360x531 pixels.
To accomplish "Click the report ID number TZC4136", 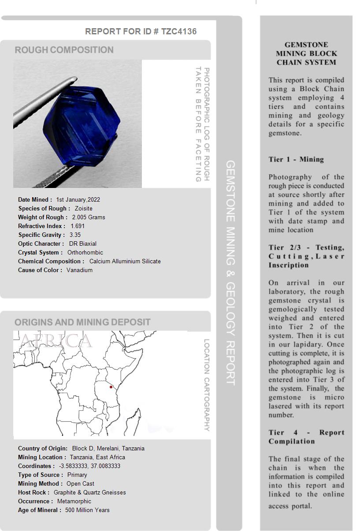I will (x=179, y=31).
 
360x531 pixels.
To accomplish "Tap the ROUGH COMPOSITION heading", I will (x=64, y=50).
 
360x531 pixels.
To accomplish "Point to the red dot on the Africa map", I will (x=111, y=387).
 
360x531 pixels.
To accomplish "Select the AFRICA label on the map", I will (x=56, y=341).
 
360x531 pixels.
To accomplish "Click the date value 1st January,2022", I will (x=78, y=199).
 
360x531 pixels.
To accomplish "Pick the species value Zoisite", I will (x=84, y=208).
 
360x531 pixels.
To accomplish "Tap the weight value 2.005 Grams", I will (x=89, y=217).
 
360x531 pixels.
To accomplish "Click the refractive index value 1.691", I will (x=78, y=226).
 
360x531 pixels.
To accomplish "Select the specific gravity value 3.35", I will (x=75, y=235).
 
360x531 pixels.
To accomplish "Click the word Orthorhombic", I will (x=85, y=252).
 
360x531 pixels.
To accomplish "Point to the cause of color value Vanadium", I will (x=79, y=270).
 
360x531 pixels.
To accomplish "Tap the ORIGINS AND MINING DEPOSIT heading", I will (x=82, y=322).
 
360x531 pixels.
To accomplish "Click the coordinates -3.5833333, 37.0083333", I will (x=89, y=466).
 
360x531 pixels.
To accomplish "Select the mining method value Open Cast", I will (x=80, y=483).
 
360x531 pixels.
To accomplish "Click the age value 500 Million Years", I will (x=87, y=510).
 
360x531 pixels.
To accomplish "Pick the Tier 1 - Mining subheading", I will (x=296, y=159).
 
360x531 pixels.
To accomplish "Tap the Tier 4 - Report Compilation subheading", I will (x=306, y=437).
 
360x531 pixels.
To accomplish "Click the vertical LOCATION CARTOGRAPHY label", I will (x=206, y=385).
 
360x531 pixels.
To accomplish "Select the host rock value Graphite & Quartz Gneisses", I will (x=89, y=492).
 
